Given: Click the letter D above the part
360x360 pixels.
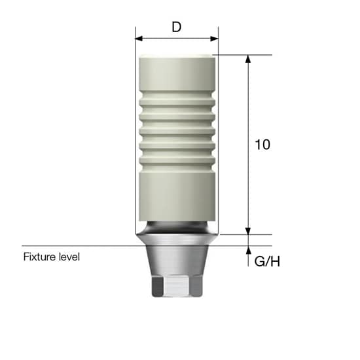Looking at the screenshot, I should [x=176, y=27].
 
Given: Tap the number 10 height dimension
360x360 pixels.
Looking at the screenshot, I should [x=262, y=145].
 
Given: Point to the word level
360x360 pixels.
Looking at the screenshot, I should [x=68, y=257].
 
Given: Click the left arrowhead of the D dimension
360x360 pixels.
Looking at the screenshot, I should [x=138, y=38].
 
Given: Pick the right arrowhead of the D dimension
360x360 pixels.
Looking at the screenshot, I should [x=215, y=38].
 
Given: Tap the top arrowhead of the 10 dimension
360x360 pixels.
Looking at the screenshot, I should [x=248, y=59].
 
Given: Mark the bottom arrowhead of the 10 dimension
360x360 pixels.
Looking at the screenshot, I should [x=248, y=230].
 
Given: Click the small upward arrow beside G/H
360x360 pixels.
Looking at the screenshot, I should [x=248, y=250].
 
